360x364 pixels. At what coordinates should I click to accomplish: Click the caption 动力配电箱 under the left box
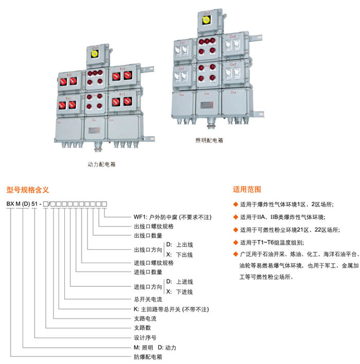tap(105, 165)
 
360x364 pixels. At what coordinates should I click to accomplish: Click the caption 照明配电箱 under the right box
tap(209, 140)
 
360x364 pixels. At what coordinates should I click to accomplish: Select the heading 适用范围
tap(247, 189)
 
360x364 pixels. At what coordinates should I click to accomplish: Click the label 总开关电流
tap(147, 300)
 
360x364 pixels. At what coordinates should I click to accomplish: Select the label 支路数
tap(141, 327)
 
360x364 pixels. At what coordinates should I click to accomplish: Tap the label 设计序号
tap(144, 337)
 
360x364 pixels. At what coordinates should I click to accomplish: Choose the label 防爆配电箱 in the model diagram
tap(147, 356)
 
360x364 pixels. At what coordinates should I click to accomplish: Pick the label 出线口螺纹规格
tap(153, 226)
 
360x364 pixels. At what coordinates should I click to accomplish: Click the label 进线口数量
tap(148, 272)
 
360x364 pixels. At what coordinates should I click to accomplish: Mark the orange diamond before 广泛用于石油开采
tap(236, 254)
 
